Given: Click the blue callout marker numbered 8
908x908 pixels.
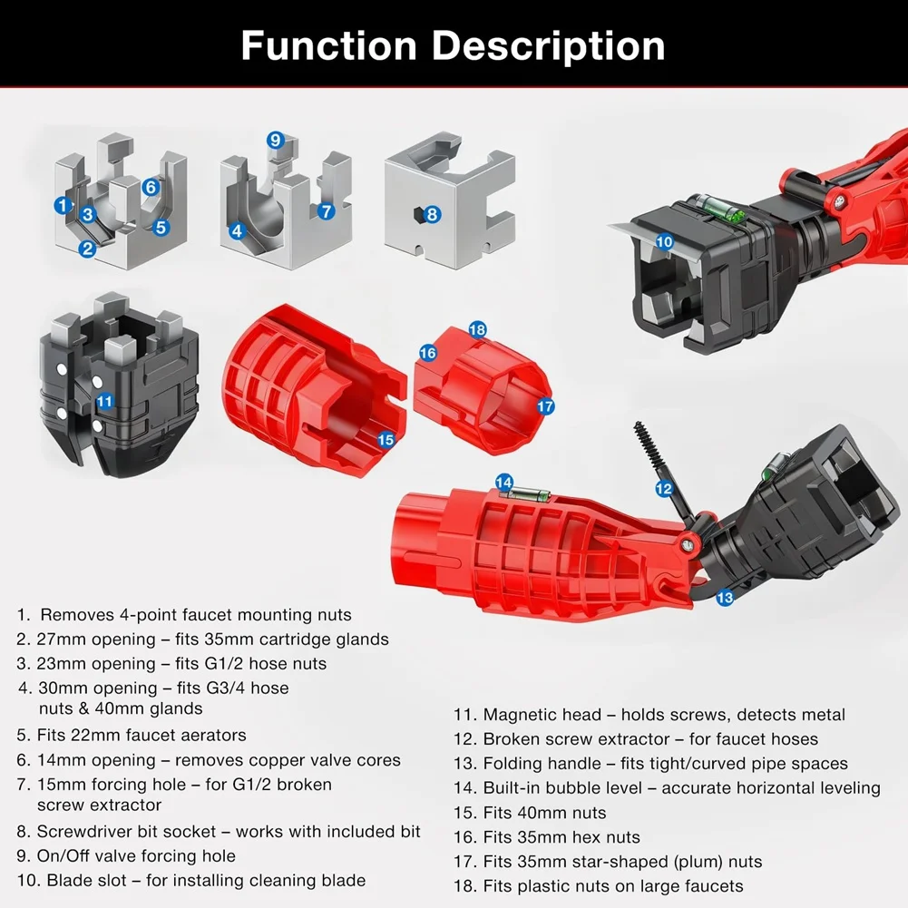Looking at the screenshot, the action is click(432, 214).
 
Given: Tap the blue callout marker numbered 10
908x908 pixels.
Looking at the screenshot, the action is click(664, 241).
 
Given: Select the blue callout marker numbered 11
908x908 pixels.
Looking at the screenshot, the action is click(105, 401).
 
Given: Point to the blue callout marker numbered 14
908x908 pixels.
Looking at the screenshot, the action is click(504, 483).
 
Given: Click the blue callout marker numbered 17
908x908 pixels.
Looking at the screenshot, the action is click(545, 406).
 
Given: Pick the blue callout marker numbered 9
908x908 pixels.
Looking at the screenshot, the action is click(276, 140).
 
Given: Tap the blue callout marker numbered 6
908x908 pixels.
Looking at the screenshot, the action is click(151, 187).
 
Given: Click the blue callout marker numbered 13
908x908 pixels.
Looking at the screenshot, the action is click(725, 598).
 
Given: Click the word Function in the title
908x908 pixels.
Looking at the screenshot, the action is click(329, 45).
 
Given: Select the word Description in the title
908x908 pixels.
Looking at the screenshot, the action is click(549, 47).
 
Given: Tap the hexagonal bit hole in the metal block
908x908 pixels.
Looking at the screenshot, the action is click(417, 215).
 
